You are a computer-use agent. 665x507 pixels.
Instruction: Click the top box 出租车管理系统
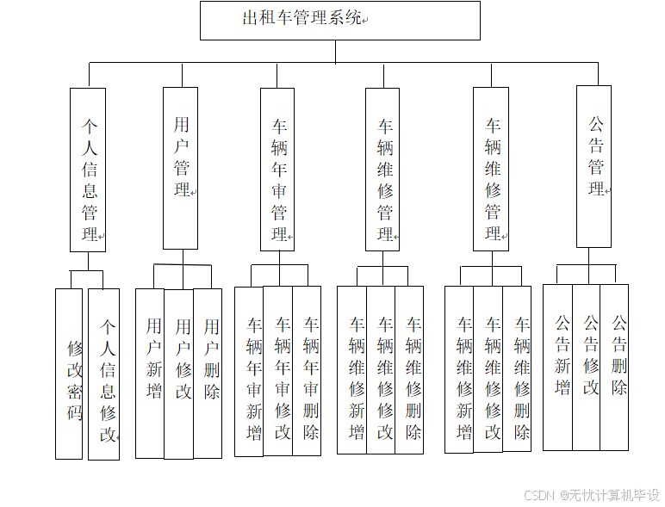tap(339, 20)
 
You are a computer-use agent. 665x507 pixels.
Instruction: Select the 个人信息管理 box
tap(88, 170)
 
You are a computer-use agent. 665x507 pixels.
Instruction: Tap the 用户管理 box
tap(181, 168)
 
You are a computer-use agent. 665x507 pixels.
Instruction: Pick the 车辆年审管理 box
tap(278, 170)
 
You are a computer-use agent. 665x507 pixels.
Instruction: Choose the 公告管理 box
tap(594, 166)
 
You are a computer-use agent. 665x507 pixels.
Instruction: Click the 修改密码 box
tap(69, 374)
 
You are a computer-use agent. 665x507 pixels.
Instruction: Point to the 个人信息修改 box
tap(104, 374)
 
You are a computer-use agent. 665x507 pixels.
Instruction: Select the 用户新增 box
tap(150, 373)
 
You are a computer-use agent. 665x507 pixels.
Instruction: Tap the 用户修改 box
tap(179, 373)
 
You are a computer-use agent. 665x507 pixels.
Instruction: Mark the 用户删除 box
tap(208, 373)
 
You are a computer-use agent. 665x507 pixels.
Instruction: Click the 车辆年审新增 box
tap(250, 371)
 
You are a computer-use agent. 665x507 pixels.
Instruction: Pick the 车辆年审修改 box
tap(278, 371)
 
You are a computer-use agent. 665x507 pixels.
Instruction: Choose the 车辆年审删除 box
tap(307, 371)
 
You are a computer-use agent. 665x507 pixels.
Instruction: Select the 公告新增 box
tap(558, 367)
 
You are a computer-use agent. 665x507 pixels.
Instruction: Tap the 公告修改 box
tap(587, 367)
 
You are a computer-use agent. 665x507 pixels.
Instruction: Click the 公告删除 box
tap(615, 367)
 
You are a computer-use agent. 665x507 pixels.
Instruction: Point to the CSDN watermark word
tap(538, 495)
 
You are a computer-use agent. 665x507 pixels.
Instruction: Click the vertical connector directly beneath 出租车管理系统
tap(336, 52)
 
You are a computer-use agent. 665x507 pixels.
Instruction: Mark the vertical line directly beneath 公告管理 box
tap(595, 256)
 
